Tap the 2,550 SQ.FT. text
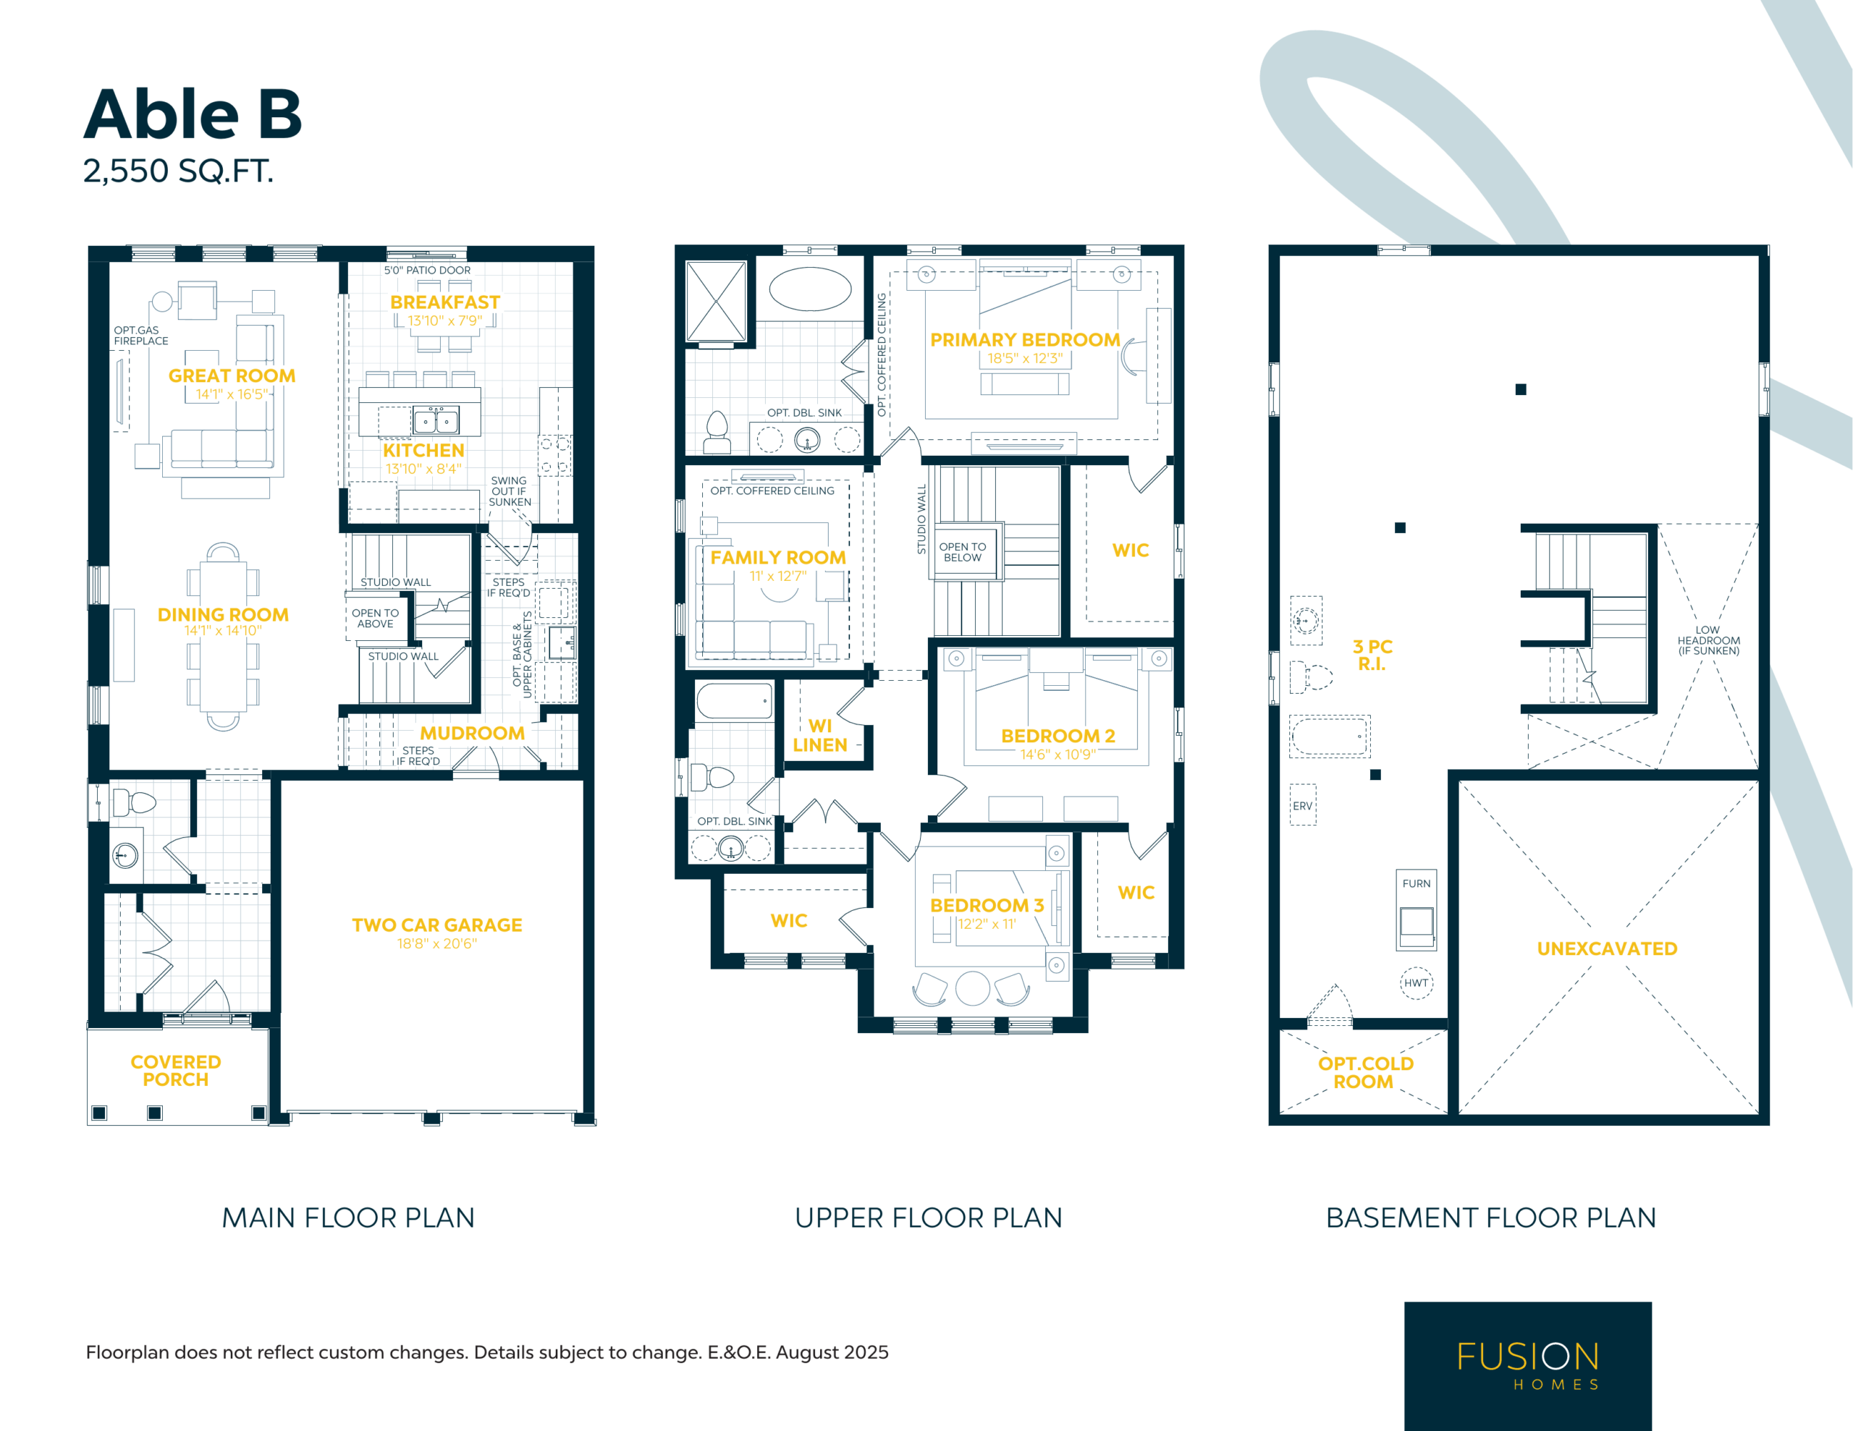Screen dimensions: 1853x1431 pos(178,171)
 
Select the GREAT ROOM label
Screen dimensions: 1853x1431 pos(232,375)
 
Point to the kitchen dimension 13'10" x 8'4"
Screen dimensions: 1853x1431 pos(423,469)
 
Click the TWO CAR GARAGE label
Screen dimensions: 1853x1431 pos(437,925)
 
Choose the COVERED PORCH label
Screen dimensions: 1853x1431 pos(176,1071)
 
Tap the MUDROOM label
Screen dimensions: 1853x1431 pos(472,733)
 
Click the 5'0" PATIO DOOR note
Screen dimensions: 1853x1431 pos(427,271)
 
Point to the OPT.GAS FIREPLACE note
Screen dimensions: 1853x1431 pos(141,336)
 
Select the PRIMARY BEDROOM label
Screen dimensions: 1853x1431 pos(1025,340)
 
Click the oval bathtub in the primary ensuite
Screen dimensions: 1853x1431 pos(810,289)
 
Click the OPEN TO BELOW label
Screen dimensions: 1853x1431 pos(962,552)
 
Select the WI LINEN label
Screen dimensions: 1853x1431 pos(819,736)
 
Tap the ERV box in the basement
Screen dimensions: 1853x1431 pos(1302,805)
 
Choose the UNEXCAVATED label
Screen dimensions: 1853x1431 pos(1607,948)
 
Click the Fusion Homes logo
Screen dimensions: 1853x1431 pos(1527,1366)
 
